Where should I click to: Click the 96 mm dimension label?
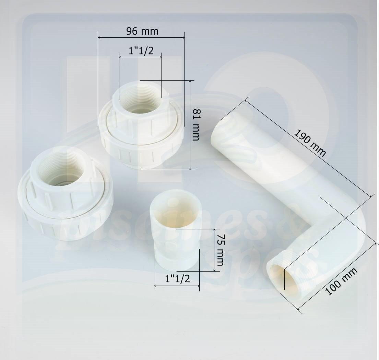(x=142, y=31)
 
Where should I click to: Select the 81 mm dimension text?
(x=196, y=125)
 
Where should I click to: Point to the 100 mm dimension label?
(x=341, y=281)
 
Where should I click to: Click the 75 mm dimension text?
(x=220, y=250)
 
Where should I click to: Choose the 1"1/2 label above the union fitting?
(x=141, y=51)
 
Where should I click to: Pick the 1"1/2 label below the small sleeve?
(x=177, y=279)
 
